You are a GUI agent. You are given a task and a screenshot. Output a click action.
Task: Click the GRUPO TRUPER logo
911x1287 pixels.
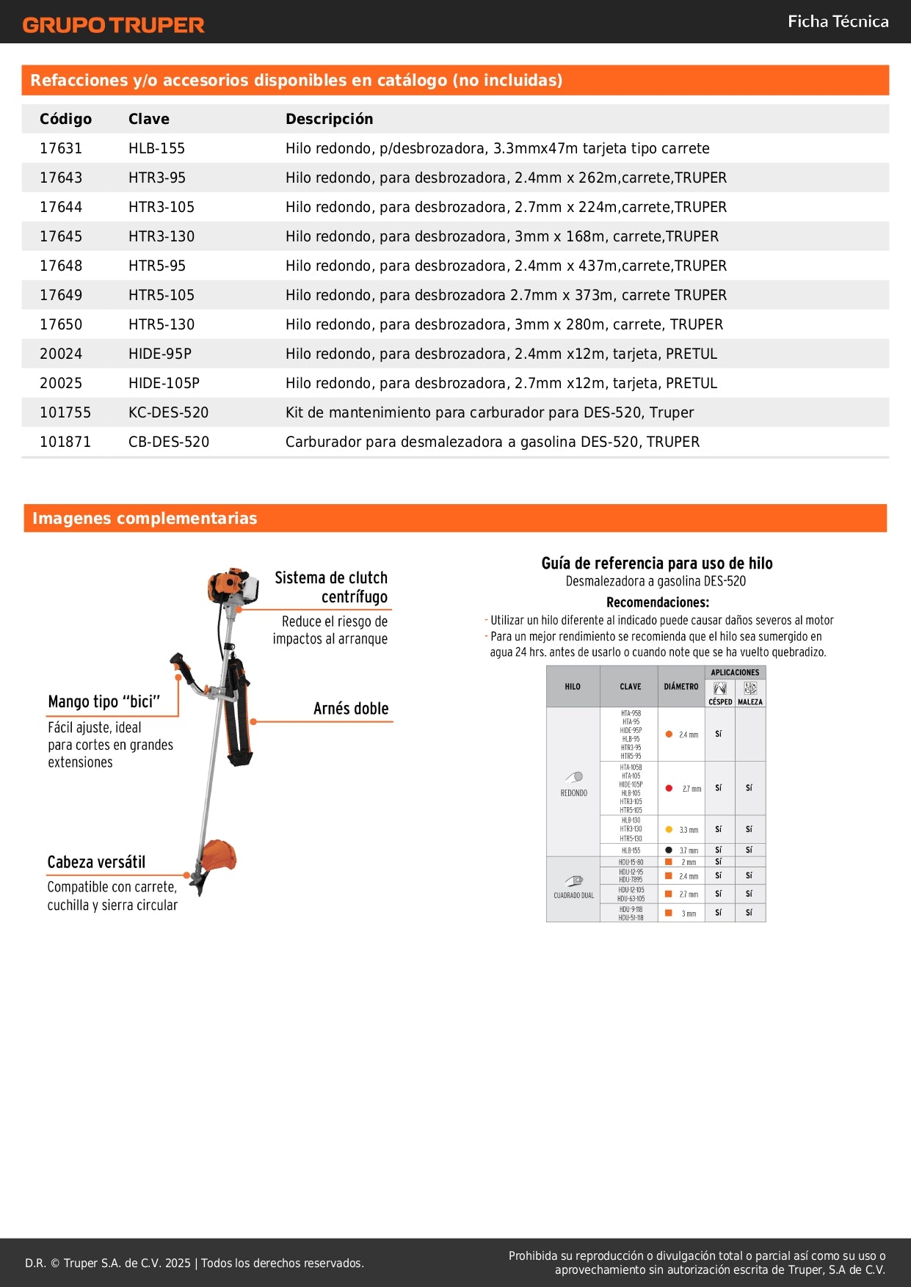(113, 25)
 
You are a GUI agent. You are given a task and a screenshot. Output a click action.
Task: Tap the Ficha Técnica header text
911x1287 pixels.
(838, 21)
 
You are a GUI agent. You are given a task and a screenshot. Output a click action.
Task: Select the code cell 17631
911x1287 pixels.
(61, 148)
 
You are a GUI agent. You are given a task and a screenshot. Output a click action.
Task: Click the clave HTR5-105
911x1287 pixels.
(161, 295)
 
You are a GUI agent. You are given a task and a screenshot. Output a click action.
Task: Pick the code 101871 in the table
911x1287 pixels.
(65, 442)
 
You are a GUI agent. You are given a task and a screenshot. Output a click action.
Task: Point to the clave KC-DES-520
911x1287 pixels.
(168, 412)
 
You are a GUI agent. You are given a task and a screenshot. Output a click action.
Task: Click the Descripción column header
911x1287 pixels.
(329, 119)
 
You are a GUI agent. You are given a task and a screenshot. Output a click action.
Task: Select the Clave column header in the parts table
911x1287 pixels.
(148, 119)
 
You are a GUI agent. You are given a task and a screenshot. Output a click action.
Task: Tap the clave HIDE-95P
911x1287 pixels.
(160, 354)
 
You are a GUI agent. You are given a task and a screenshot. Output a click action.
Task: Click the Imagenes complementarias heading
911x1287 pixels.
(145, 518)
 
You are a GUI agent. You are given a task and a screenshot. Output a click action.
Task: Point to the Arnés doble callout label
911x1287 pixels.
(351, 709)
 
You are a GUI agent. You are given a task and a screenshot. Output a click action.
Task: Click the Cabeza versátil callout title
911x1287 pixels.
(96, 862)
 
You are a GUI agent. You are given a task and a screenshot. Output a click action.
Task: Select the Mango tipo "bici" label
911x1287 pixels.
(104, 701)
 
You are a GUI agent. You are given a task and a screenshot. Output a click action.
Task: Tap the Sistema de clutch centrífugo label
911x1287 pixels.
(331, 587)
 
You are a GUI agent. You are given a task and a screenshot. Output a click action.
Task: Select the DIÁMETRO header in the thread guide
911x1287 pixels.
(681, 687)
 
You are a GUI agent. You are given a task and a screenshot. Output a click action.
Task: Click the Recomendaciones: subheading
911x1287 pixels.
(658, 602)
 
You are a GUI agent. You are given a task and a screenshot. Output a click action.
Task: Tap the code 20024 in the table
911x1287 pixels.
(61, 354)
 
